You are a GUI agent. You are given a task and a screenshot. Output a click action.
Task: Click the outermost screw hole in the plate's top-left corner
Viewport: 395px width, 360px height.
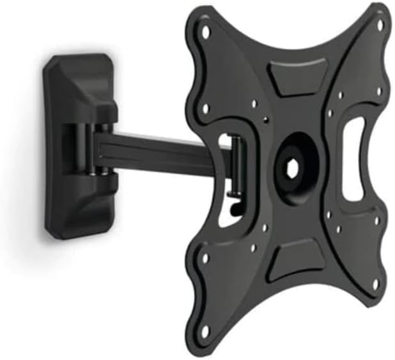point(206,30)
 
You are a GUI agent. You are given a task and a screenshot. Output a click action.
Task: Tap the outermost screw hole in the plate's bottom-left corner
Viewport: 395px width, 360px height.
point(205,330)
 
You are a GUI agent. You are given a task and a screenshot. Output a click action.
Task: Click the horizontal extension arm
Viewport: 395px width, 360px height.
point(160,153)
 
